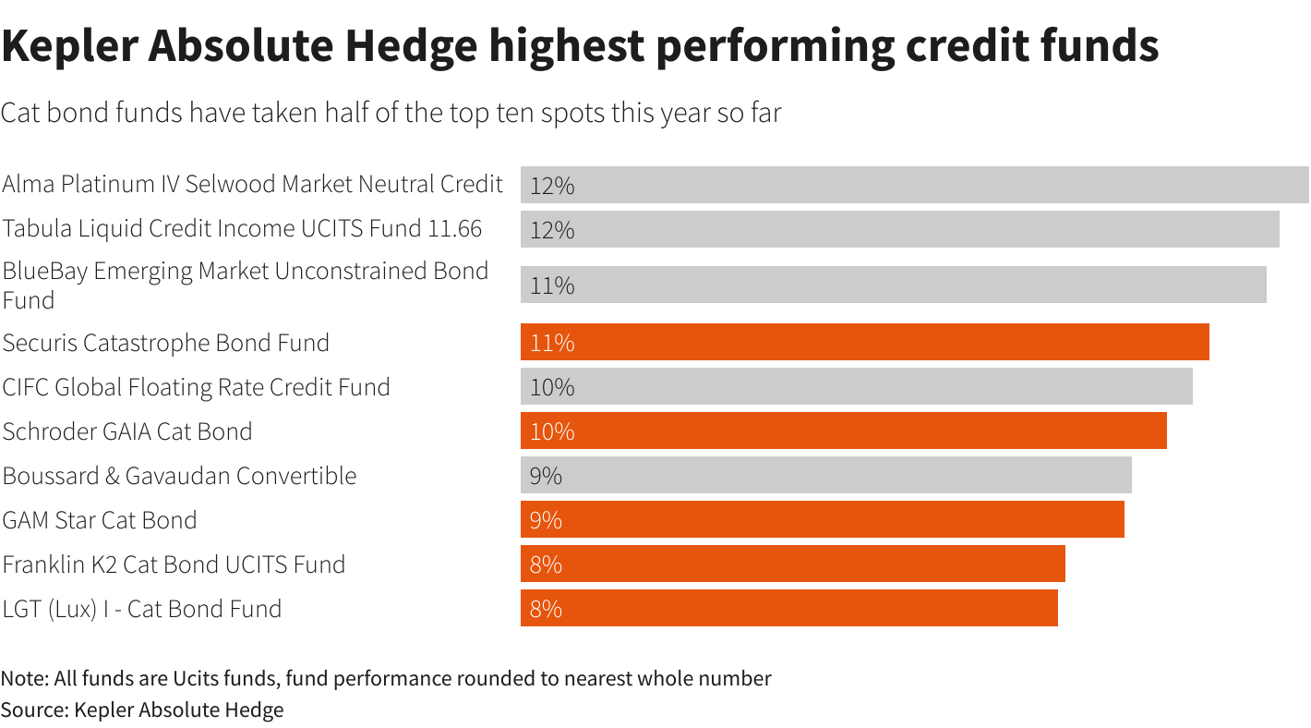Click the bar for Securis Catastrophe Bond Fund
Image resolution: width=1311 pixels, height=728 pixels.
click(864, 342)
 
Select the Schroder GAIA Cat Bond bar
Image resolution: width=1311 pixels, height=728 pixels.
click(843, 431)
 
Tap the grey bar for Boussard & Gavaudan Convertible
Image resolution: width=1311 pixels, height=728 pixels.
click(825, 475)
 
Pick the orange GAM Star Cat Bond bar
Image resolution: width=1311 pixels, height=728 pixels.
click(822, 519)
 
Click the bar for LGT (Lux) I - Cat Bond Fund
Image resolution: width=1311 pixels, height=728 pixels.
click(788, 608)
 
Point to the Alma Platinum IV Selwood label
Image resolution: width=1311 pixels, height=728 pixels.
click(252, 184)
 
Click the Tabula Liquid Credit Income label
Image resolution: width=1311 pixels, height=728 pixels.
click(242, 228)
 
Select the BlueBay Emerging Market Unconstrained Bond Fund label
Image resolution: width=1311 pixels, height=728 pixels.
click(245, 285)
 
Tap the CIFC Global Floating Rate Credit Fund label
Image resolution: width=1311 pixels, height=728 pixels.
click(196, 386)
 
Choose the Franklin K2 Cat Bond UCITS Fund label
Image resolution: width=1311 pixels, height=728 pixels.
click(174, 564)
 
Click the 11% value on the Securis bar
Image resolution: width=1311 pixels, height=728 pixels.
click(552, 343)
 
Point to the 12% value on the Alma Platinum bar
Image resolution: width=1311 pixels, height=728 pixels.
click(552, 186)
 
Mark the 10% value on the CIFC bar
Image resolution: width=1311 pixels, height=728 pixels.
click(552, 387)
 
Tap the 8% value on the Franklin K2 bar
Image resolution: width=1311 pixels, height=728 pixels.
click(546, 564)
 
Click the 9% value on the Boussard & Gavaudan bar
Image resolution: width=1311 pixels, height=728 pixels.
click(546, 476)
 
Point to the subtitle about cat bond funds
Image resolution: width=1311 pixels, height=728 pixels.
click(391, 113)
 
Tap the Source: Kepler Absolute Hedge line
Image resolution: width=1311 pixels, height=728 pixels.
click(142, 710)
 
